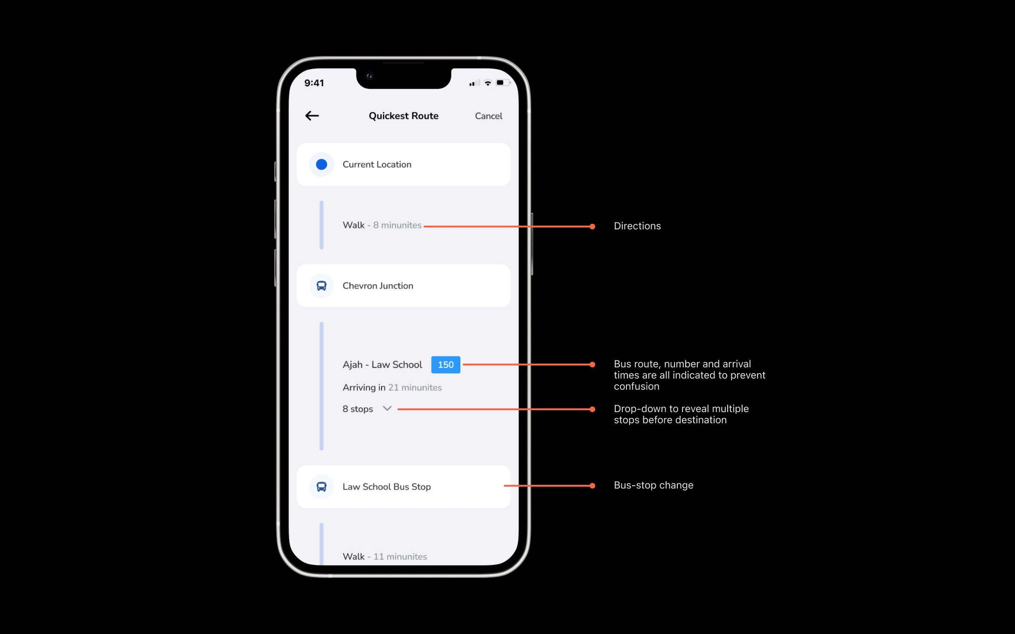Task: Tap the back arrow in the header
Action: click(x=312, y=116)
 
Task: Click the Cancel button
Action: click(x=488, y=116)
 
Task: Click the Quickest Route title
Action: click(x=403, y=116)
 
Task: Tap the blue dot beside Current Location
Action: click(x=321, y=165)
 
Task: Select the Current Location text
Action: click(x=377, y=165)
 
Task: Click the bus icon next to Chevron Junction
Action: click(x=321, y=286)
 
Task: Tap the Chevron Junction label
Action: click(x=378, y=286)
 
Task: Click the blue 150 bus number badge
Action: click(x=445, y=365)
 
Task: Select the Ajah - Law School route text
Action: click(x=382, y=365)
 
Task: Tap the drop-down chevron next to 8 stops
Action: click(x=387, y=408)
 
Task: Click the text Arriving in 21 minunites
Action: click(x=392, y=387)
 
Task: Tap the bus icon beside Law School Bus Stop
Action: click(x=321, y=487)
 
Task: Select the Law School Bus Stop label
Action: click(x=387, y=487)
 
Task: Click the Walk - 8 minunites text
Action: click(x=382, y=225)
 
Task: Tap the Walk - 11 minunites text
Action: click(x=385, y=557)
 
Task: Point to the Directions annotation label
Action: click(x=637, y=226)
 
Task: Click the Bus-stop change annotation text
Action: click(x=653, y=485)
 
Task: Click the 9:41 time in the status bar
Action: click(x=314, y=83)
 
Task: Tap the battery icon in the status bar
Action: click(x=503, y=83)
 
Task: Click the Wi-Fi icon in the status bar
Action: click(x=488, y=83)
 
